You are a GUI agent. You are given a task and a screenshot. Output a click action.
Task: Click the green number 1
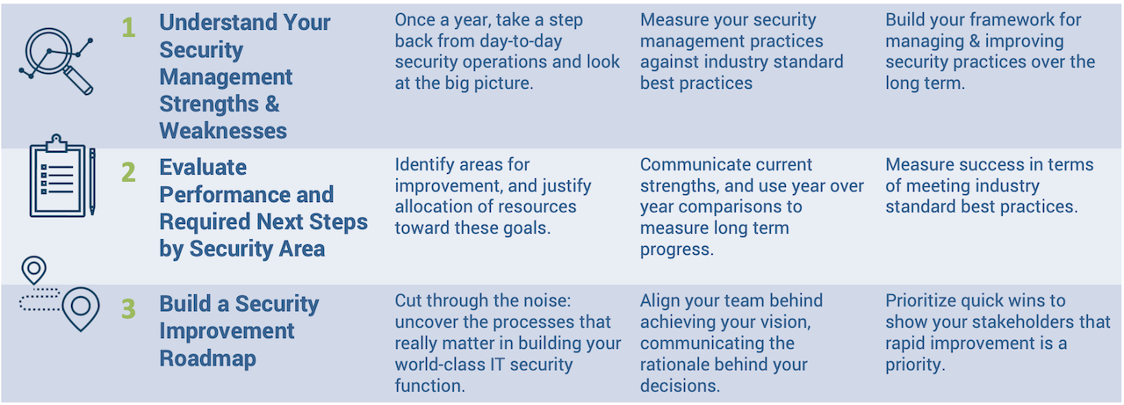pyautogui.click(x=128, y=28)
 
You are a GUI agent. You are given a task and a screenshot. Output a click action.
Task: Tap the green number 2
pyautogui.click(x=128, y=172)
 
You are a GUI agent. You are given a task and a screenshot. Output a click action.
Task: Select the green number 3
pyautogui.click(x=128, y=309)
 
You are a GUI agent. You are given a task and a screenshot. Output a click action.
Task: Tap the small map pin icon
pyautogui.click(x=34, y=269)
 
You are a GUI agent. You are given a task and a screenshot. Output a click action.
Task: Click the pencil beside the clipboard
pyautogui.click(x=91, y=181)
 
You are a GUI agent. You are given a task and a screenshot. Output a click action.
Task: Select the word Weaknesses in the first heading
pyautogui.click(x=223, y=131)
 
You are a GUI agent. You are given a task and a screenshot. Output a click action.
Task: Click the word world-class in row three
pyautogui.click(x=442, y=364)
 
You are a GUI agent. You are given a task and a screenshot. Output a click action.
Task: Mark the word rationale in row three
pyautogui.click(x=679, y=364)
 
